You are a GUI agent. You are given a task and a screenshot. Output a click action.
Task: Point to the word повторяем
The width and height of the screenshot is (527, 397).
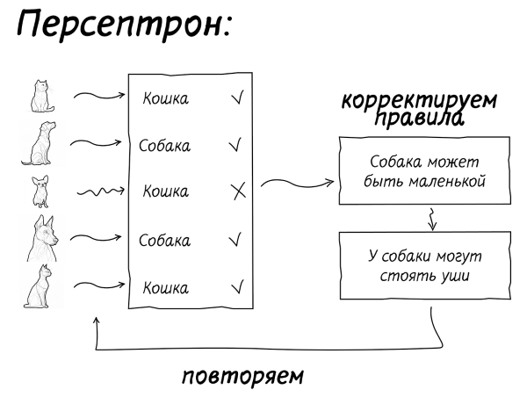(x=242, y=377)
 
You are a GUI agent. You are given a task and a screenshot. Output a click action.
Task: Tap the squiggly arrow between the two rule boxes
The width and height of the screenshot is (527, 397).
(x=431, y=218)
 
